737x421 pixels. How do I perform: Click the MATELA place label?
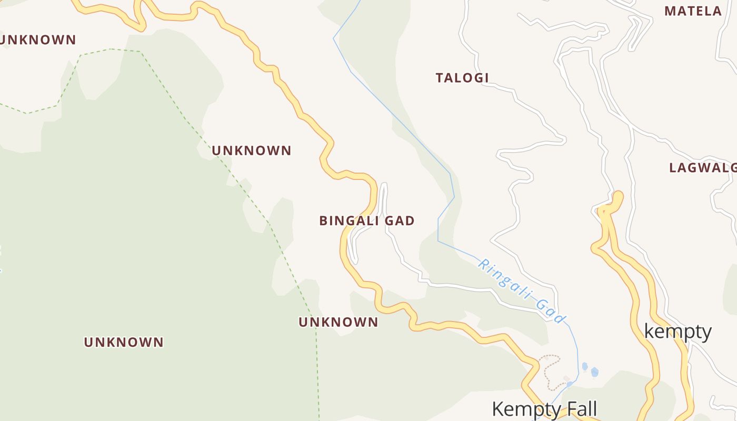[x=693, y=11]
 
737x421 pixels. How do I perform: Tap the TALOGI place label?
[x=462, y=78]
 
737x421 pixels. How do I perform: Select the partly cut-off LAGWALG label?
[x=703, y=168]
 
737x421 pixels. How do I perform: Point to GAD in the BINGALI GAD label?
[x=400, y=221]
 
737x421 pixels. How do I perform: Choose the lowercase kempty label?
[x=678, y=332]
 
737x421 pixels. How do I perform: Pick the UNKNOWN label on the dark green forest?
[x=124, y=342]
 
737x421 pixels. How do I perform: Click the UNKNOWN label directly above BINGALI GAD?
[x=252, y=151]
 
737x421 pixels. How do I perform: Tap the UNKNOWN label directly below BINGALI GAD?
[x=338, y=322]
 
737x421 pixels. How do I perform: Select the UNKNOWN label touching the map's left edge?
[x=38, y=40]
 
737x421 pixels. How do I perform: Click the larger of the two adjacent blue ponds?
[x=595, y=372]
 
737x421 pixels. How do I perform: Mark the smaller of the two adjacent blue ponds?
[x=584, y=366]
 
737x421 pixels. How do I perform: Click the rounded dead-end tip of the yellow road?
[x=618, y=196]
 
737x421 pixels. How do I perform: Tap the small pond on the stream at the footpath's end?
[x=570, y=384]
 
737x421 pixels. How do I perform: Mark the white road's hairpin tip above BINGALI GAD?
[x=384, y=185]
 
